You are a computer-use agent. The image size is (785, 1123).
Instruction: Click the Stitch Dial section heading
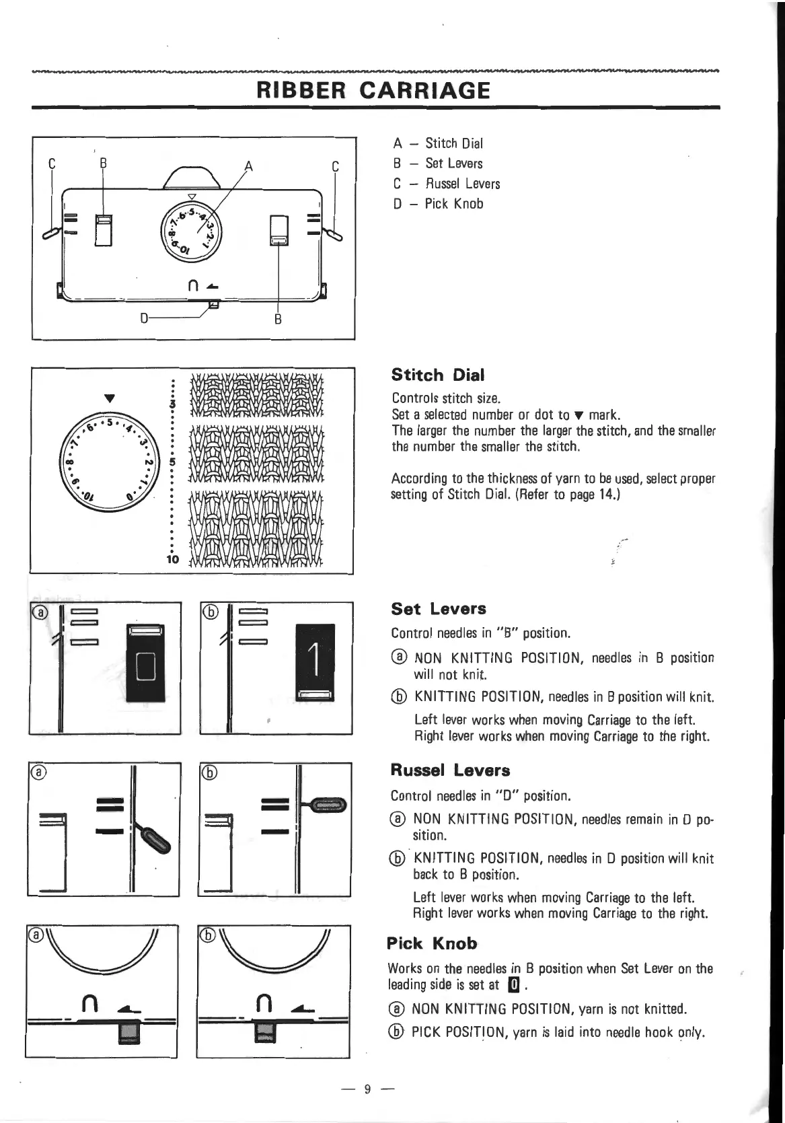[x=434, y=375]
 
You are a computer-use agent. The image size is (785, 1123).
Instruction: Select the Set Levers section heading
[x=438, y=609]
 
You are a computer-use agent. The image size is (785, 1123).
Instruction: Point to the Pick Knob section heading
[x=432, y=943]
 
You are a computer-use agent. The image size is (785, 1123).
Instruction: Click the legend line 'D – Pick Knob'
[x=438, y=204]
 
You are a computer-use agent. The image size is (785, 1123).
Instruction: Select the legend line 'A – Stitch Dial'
[x=438, y=143]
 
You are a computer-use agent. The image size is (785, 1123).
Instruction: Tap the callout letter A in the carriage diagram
[x=249, y=166]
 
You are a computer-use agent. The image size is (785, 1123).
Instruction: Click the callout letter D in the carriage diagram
[x=144, y=317]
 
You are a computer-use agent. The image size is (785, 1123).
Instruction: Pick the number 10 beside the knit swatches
[x=172, y=559]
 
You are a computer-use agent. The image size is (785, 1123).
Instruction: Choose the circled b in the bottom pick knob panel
[x=209, y=935]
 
